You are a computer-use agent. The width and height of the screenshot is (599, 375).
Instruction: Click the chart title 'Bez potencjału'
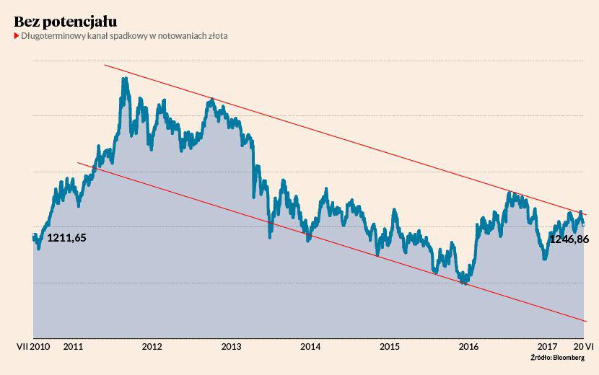[x=65, y=21]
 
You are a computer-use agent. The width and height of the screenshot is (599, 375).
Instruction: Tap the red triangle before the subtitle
[x=16, y=36]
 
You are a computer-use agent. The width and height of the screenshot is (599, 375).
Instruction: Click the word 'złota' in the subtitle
[x=216, y=36]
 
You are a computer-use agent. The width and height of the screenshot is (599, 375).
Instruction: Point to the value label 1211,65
[x=66, y=237]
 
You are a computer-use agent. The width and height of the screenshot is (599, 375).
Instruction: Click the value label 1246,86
[x=569, y=239]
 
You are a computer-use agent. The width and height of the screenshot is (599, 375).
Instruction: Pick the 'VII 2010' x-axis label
[x=32, y=347]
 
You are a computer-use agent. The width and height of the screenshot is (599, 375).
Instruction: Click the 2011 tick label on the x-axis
[x=73, y=347]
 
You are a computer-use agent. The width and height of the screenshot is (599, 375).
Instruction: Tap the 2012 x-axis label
[x=152, y=347]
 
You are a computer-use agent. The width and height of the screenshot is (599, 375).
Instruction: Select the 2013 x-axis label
[x=231, y=347]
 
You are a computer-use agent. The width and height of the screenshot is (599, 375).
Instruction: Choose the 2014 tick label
[x=310, y=347]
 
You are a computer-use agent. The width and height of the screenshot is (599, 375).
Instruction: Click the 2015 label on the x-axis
[x=390, y=347]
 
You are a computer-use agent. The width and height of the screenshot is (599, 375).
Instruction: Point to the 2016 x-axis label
[x=468, y=347]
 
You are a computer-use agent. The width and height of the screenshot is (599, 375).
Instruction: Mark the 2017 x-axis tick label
[x=548, y=347]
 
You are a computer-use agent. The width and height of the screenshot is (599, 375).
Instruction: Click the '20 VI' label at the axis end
[x=583, y=347]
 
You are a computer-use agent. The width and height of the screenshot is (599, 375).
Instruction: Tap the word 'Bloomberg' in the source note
[x=569, y=358]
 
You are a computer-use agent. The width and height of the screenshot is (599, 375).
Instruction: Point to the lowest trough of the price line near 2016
[x=465, y=283]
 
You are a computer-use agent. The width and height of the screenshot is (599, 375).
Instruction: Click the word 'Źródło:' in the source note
[x=541, y=358]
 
